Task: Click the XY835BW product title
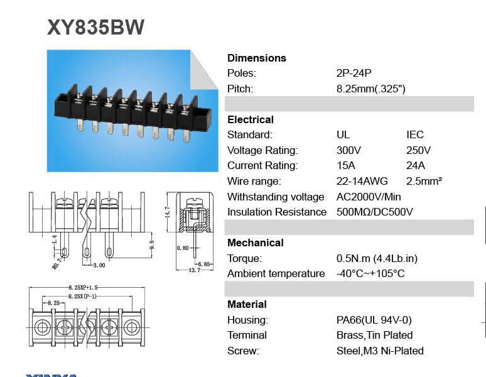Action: [x=95, y=27]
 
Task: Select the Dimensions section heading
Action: [x=256, y=58]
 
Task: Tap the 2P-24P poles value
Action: [x=354, y=73]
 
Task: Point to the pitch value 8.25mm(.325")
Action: [x=370, y=89]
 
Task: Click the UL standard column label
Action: [x=343, y=134]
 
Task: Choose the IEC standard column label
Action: [x=414, y=134]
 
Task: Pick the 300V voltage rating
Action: [x=348, y=150]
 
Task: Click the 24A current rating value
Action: [x=416, y=165]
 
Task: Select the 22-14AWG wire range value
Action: [x=362, y=181]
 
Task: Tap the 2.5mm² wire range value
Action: [x=424, y=181]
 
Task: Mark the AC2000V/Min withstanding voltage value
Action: [x=369, y=197]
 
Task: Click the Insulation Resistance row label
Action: [x=277, y=212]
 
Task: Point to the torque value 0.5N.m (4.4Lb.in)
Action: [x=377, y=258]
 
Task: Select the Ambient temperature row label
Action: [x=276, y=273]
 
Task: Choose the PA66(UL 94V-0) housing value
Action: [x=374, y=320]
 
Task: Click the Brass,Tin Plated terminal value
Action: [x=374, y=335]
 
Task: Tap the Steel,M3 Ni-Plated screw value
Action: [x=380, y=351]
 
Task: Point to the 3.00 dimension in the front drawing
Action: [x=99, y=265]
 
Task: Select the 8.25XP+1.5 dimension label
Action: [x=83, y=287]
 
